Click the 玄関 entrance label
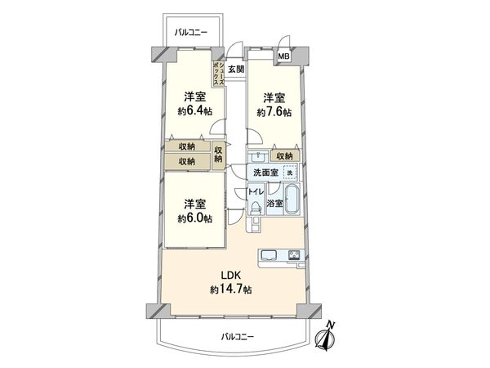tap(235, 70)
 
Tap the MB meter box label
tap(283, 56)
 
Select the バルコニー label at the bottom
tap(238, 336)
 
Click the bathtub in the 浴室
tap(292, 201)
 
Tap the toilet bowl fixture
tap(255, 209)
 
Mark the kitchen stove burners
tap(292, 255)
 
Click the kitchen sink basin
tap(269, 256)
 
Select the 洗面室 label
tap(265, 173)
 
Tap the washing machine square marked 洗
tap(288, 173)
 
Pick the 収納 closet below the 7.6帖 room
tap(283, 155)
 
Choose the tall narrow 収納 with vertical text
tap(219, 155)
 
